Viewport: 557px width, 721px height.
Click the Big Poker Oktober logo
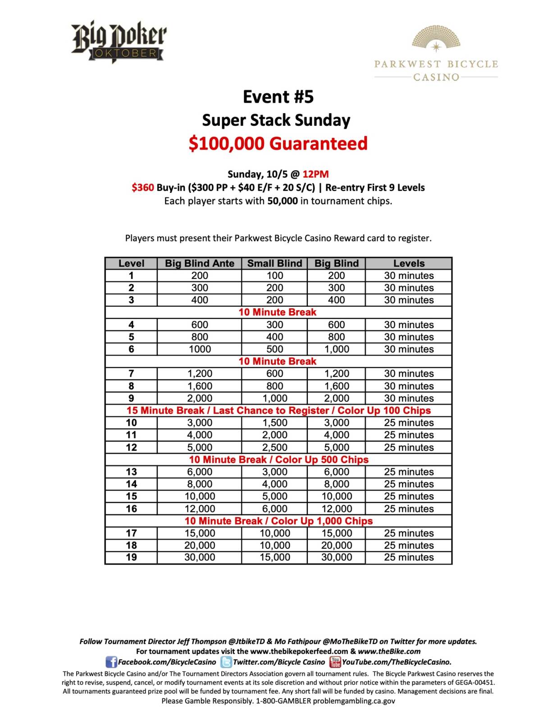coord(119,41)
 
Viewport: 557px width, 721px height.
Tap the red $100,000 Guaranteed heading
coord(278,143)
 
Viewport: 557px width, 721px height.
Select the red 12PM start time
coord(315,174)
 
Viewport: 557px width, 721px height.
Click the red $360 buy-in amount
coord(142,187)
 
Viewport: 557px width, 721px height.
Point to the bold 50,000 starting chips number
coord(282,201)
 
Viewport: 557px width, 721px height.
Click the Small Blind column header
coord(274,264)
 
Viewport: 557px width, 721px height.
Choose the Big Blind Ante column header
coord(199,264)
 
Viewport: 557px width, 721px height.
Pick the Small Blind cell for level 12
coord(274,447)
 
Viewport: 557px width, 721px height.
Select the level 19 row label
coord(131,557)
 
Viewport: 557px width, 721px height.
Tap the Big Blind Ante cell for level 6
coord(199,349)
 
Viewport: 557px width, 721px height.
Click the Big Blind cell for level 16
coord(336,509)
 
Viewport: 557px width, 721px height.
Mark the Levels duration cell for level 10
coord(409,423)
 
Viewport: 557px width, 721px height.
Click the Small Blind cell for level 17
coord(274,533)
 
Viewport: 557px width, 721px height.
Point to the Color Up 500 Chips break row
coord(278,460)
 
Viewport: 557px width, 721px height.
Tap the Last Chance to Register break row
coord(278,411)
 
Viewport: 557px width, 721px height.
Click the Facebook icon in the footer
coord(111,662)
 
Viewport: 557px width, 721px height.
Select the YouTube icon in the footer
coord(335,662)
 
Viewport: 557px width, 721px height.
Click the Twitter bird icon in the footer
coord(226,662)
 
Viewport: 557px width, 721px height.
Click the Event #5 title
coord(278,97)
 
